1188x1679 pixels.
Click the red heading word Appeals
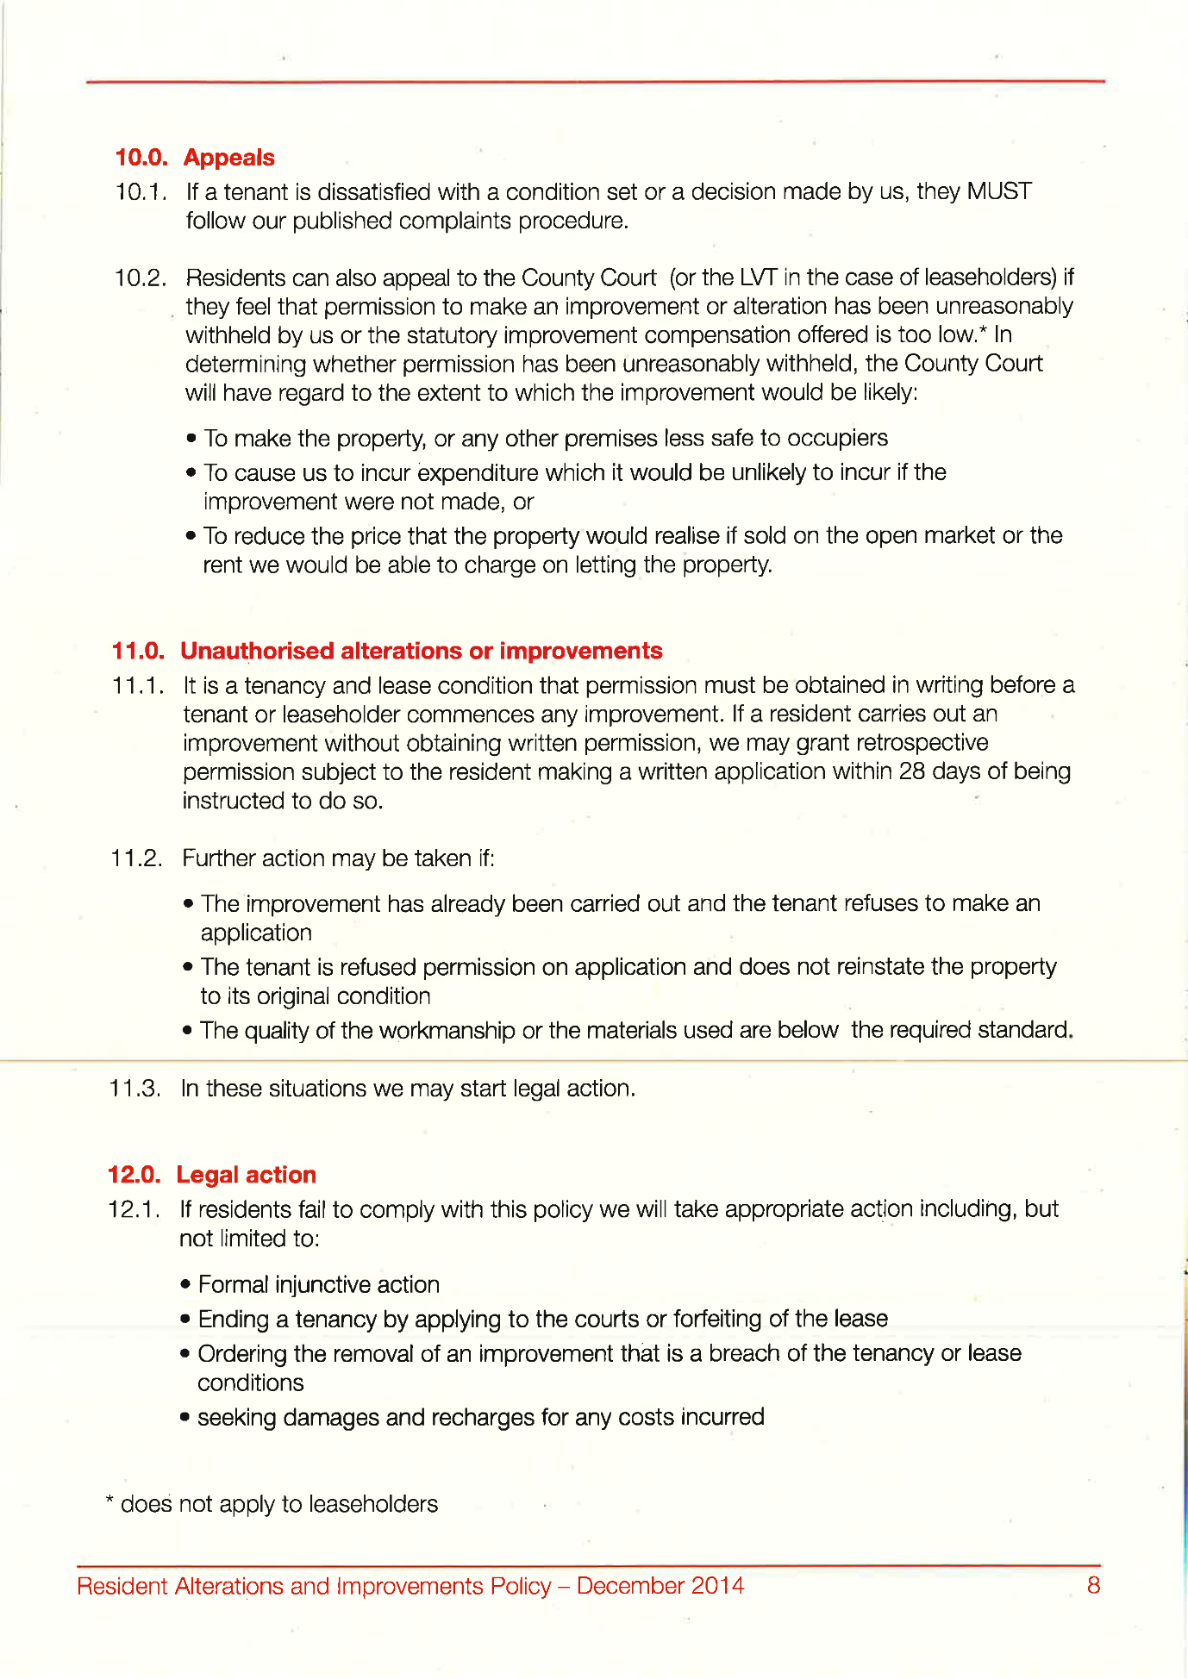click(x=228, y=158)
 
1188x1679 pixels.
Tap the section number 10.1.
click(x=141, y=192)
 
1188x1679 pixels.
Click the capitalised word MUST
click(x=998, y=191)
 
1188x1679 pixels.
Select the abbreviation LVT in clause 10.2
click(x=759, y=278)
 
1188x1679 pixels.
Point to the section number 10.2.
click(x=141, y=278)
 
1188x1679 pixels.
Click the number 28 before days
click(x=911, y=771)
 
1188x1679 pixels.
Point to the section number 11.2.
click(x=136, y=858)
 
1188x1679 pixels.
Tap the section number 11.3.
click(x=134, y=1089)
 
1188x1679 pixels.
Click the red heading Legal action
click(x=246, y=1175)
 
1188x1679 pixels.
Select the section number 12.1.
click(x=134, y=1210)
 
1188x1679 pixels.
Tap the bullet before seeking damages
click(x=185, y=1418)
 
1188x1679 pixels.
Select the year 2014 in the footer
click(x=716, y=1586)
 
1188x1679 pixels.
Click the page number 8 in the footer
click(x=1093, y=1585)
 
